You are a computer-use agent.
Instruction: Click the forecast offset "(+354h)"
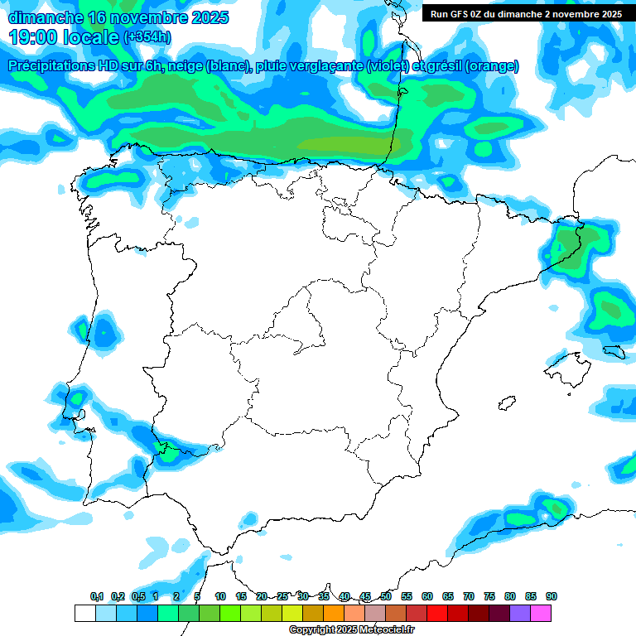tap(147, 37)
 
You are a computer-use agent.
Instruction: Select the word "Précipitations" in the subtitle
tap(51, 66)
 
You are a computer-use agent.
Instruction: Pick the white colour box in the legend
tap(84, 613)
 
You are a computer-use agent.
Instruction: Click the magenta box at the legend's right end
tap(541, 613)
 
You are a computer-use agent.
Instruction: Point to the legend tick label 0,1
tap(97, 596)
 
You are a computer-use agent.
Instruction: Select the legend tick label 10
tap(220, 596)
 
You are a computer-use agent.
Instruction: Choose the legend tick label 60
tap(427, 596)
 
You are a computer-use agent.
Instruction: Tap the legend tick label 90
tap(552, 596)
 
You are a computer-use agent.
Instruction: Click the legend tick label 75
tap(489, 596)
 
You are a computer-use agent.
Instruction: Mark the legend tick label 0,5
tap(138, 596)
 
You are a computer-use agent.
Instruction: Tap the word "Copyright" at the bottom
tap(311, 629)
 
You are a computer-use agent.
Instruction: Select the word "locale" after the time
tap(90, 37)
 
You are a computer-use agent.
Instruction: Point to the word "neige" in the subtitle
tap(185, 66)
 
